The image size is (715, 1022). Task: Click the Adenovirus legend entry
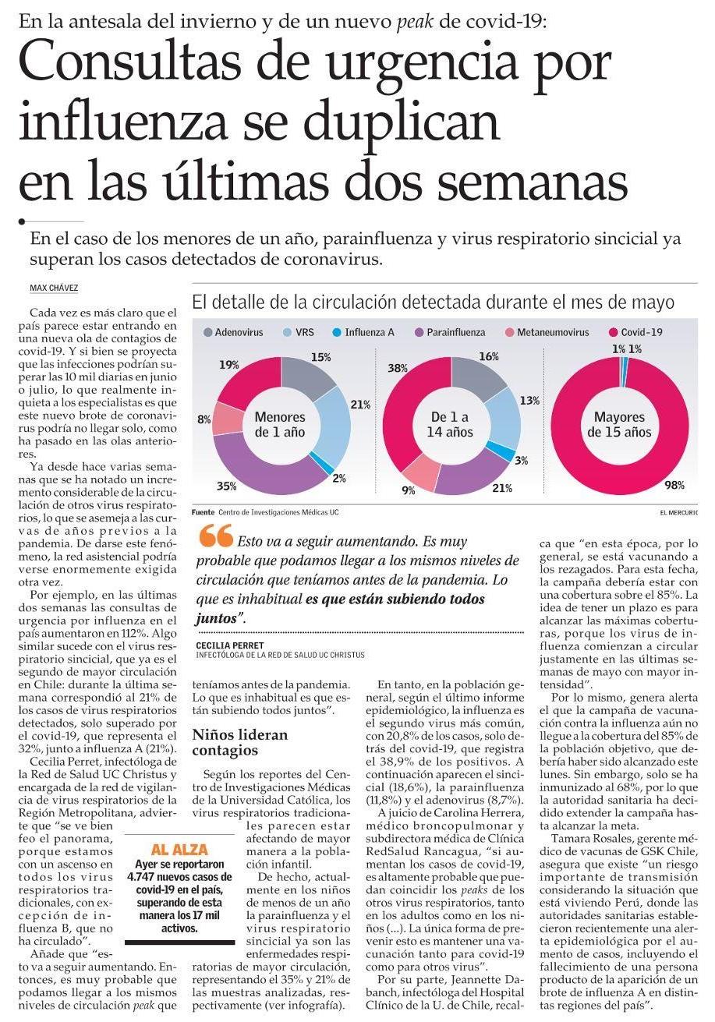click(234, 332)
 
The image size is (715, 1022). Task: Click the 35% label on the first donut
click(226, 486)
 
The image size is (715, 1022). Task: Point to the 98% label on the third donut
click(674, 485)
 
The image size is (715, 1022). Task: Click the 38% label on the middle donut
click(398, 368)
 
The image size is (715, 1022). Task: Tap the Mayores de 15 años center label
click(619, 425)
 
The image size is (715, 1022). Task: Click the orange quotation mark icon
click(215, 536)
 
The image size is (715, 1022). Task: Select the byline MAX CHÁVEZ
click(54, 288)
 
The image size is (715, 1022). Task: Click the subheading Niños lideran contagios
click(240, 742)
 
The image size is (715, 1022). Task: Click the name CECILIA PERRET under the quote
click(230, 646)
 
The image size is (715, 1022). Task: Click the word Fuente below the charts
click(204, 512)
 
